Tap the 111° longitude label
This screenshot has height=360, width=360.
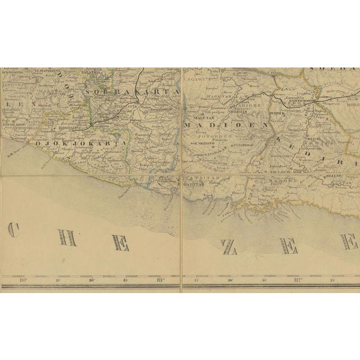pyautogui.click(x=160, y=280)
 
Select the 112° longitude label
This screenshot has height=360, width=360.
pyautogui.click(x=299, y=280)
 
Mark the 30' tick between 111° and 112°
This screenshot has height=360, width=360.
pyautogui.click(x=229, y=280)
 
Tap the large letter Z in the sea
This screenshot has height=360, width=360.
pyautogui.click(x=229, y=246)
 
